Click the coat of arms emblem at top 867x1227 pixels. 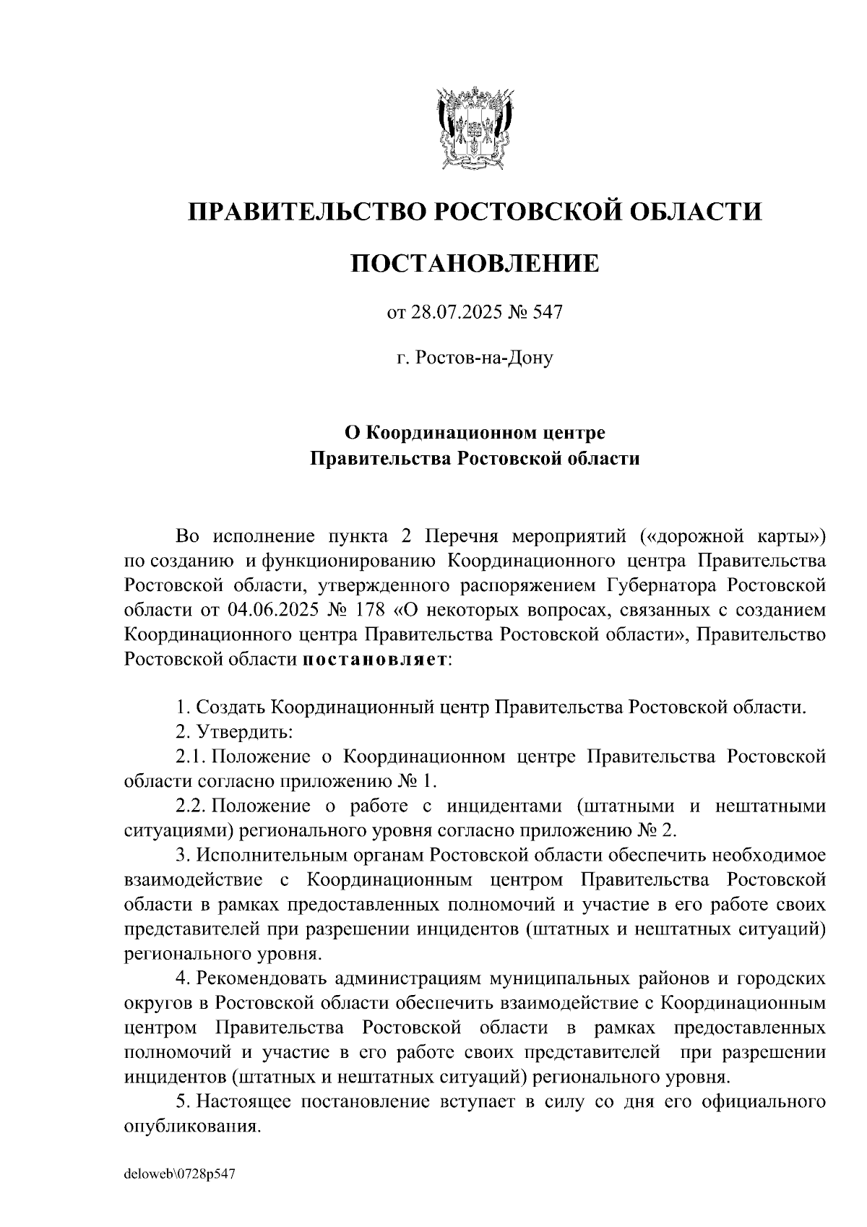pos(474,128)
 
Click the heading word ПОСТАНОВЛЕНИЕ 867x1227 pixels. pos(475,263)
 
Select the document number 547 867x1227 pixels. pos(547,313)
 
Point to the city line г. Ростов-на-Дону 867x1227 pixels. pos(475,358)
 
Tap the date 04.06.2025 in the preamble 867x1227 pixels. pos(272,609)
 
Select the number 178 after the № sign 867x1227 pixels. pos(369,609)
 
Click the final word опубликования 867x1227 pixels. pos(191,1126)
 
